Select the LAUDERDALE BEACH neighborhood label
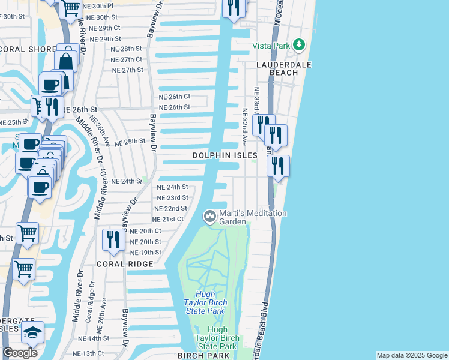(x=277, y=68)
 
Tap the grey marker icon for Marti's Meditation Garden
(x=209, y=215)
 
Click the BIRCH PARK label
(x=203, y=356)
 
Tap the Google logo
(x=20, y=353)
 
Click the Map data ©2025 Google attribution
(x=411, y=355)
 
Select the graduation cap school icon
(x=33, y=332)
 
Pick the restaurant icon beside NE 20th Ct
(x=113, y=239)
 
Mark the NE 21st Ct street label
(x=169, y=219)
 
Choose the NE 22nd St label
(x=171, y=208)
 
